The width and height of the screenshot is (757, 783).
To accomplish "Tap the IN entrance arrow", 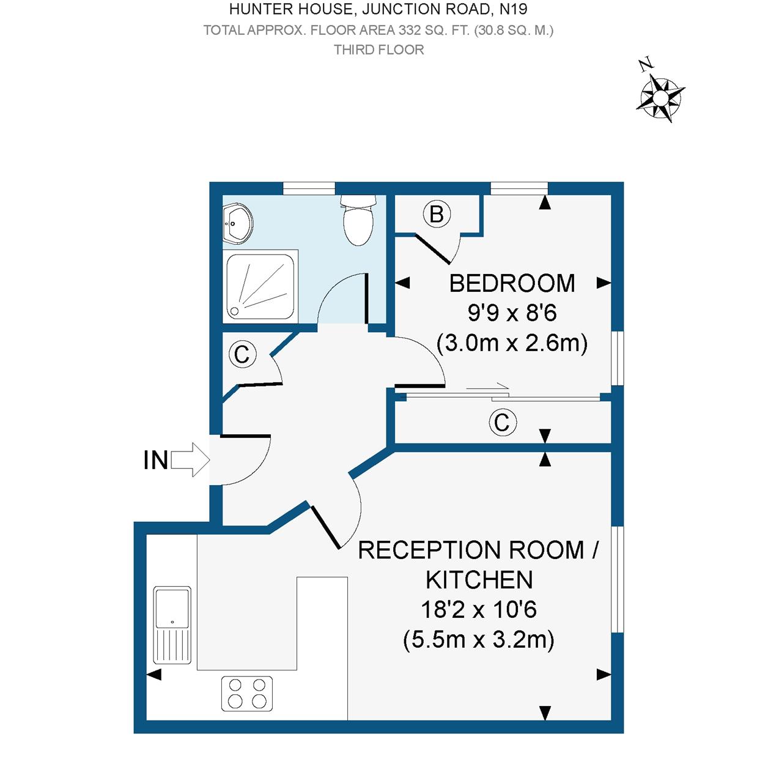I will tap(190, 459).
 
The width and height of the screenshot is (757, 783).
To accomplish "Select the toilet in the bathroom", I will tap(358, 220).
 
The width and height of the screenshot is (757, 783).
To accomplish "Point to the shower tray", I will tap(261, 285).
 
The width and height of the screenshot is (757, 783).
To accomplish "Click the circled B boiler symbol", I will tap(437, 215).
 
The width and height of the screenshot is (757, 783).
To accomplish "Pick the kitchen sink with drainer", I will tap(172, 625).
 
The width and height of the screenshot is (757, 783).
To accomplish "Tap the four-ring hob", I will tap(247, 693).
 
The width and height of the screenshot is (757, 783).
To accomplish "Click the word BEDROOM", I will tap(512, 284).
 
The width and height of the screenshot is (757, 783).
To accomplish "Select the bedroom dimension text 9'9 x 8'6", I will tap(512, 313).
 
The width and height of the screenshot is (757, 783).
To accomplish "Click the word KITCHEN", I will tap(479, 580).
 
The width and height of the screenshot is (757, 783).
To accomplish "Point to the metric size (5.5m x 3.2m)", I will tap(479, 640).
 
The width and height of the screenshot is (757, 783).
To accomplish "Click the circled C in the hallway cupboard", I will tap(242, 355).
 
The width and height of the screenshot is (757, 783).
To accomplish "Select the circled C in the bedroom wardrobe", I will tap(502, 423).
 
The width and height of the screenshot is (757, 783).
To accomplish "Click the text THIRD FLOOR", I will tap(378, 50).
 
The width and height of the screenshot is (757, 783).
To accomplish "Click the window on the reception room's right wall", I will tap(618, 579).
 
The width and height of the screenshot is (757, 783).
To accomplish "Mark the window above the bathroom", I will tap(309, 188).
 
